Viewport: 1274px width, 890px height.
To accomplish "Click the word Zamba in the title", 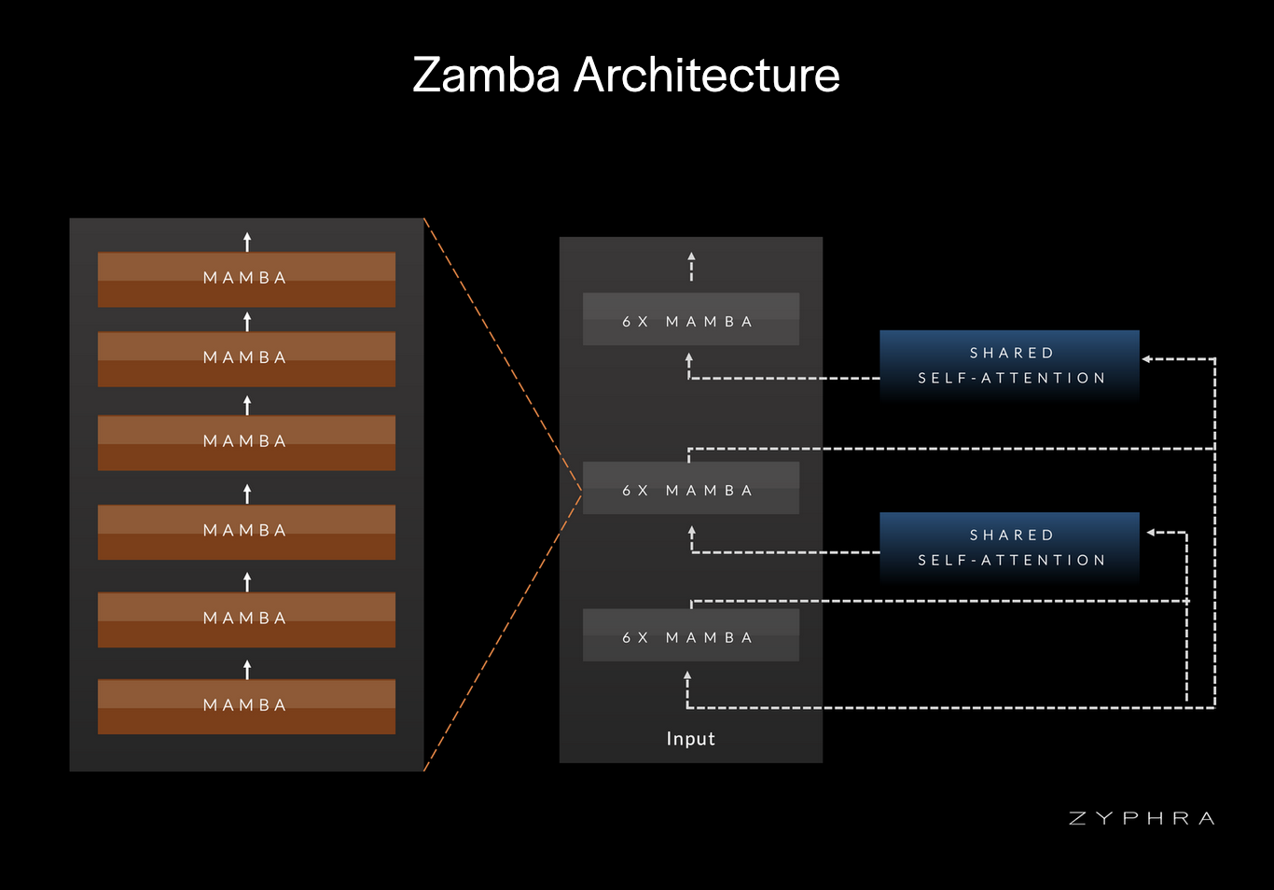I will pyautogui.click(x=486, y=76).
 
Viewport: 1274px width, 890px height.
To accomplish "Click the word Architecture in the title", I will pyautogui.click(x=707, y=76).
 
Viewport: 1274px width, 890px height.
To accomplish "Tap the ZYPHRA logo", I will pyautogui.click(x=1142, y=818).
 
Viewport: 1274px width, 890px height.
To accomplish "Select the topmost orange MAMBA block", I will pyautogui.click(x=246, y=279).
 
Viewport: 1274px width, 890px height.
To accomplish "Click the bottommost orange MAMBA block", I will pyautogui.click(x=246, y=706).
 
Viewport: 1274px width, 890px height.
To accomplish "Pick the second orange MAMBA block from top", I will pyautogui.click(x=246, y=359).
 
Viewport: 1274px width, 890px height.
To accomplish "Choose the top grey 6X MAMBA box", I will pyautogui.click(x=690, y=320).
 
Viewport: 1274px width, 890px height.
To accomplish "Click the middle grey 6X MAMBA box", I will pyautogui.click(x=690, y=489).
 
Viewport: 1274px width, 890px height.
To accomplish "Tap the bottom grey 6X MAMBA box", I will pyautogui.click(x=690, y=636).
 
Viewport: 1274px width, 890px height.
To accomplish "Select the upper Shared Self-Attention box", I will pyautogui.click(x=1010, y=366).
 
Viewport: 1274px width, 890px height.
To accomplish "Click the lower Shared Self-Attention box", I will pyautogui.click(x=1010, y=548).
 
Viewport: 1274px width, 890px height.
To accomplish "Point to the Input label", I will pyautogui.click(x=690, y=739).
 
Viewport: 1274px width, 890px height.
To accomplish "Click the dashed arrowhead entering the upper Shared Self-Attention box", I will pyautogui.click(x=1147, y=359).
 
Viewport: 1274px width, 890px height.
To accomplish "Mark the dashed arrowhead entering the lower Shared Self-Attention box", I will pyautogui.click(x=1152, y=533).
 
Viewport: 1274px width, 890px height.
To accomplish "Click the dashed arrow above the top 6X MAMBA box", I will pyautogui.click(x=691, y=266).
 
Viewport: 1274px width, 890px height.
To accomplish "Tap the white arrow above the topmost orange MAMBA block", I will pyautogui.click(x=247, y=242).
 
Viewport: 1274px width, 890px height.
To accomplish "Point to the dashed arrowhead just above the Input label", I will pyautogui.click(x=687, y=676).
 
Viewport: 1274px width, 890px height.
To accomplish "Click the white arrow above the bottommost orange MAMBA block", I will pyautogui.click(x=247, y=668).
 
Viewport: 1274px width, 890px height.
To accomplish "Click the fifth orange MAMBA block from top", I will pyautogui.click(x=246, y=619).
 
